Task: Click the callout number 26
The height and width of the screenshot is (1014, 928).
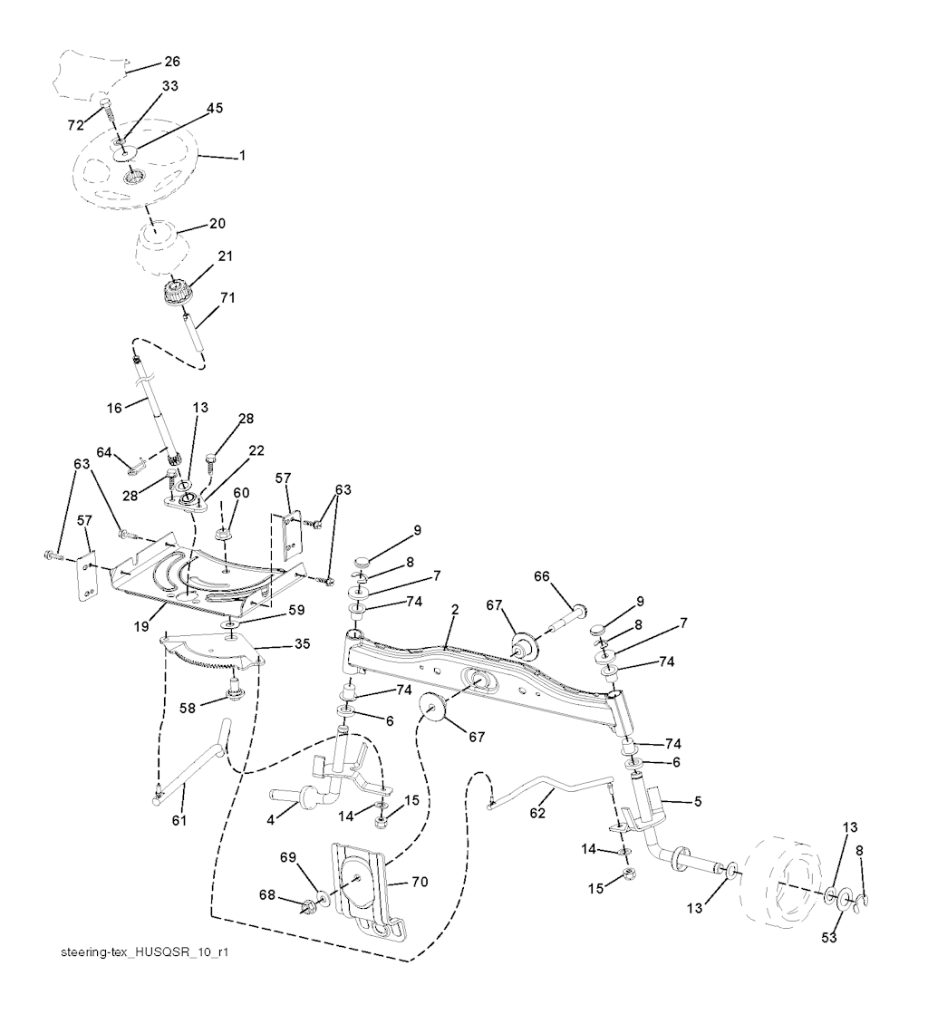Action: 171,63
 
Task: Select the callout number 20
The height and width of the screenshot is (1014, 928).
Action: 217,223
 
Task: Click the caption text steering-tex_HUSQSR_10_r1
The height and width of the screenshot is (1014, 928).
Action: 140,954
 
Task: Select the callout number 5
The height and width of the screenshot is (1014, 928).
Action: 698,801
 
